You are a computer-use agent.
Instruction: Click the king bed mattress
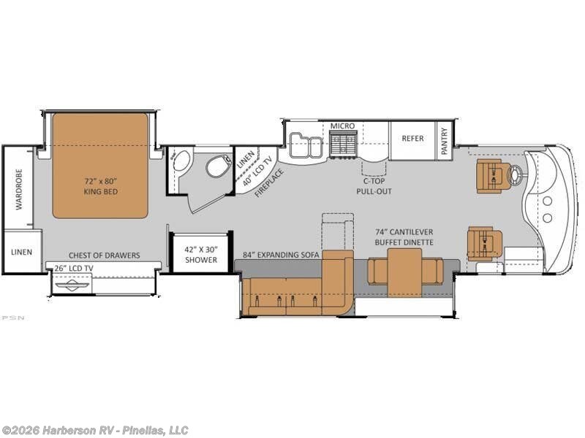click(100, 166)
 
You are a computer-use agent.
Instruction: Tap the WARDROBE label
click(19, 189)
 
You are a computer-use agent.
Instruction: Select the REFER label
click(412, 138)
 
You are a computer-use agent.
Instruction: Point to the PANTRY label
click(444, 141)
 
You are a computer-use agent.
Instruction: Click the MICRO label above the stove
click(342, 126)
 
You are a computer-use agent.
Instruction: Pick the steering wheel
click(515, 174)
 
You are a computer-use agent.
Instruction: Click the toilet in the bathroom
click(218, 166)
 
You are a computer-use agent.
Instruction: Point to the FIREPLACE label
click(269, 183)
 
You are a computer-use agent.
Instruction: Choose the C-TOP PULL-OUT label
click(374, 186)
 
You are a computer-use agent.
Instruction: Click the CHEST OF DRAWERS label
click(104, 255)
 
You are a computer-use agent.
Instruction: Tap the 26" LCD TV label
click(74, 268)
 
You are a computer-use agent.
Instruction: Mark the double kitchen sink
click(306, 145)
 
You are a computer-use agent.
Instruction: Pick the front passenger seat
click(485, 244)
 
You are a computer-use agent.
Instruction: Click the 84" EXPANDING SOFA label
click(281, 255)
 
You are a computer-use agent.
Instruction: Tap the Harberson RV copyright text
click(94, 431)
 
